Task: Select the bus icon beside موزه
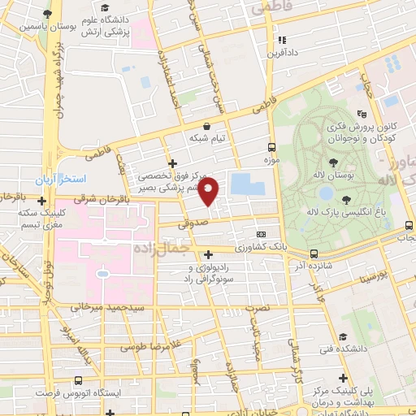[x=271, y=148]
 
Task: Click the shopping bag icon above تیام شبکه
[x=207, y=126]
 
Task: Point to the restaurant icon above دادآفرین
[x=281, y=39]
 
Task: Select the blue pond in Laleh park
[x=326, y=193]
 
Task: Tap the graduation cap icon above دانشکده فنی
[x=344, y=336]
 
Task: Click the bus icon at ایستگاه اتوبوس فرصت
[x=78, y=380]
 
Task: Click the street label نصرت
[x=258, y=309]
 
